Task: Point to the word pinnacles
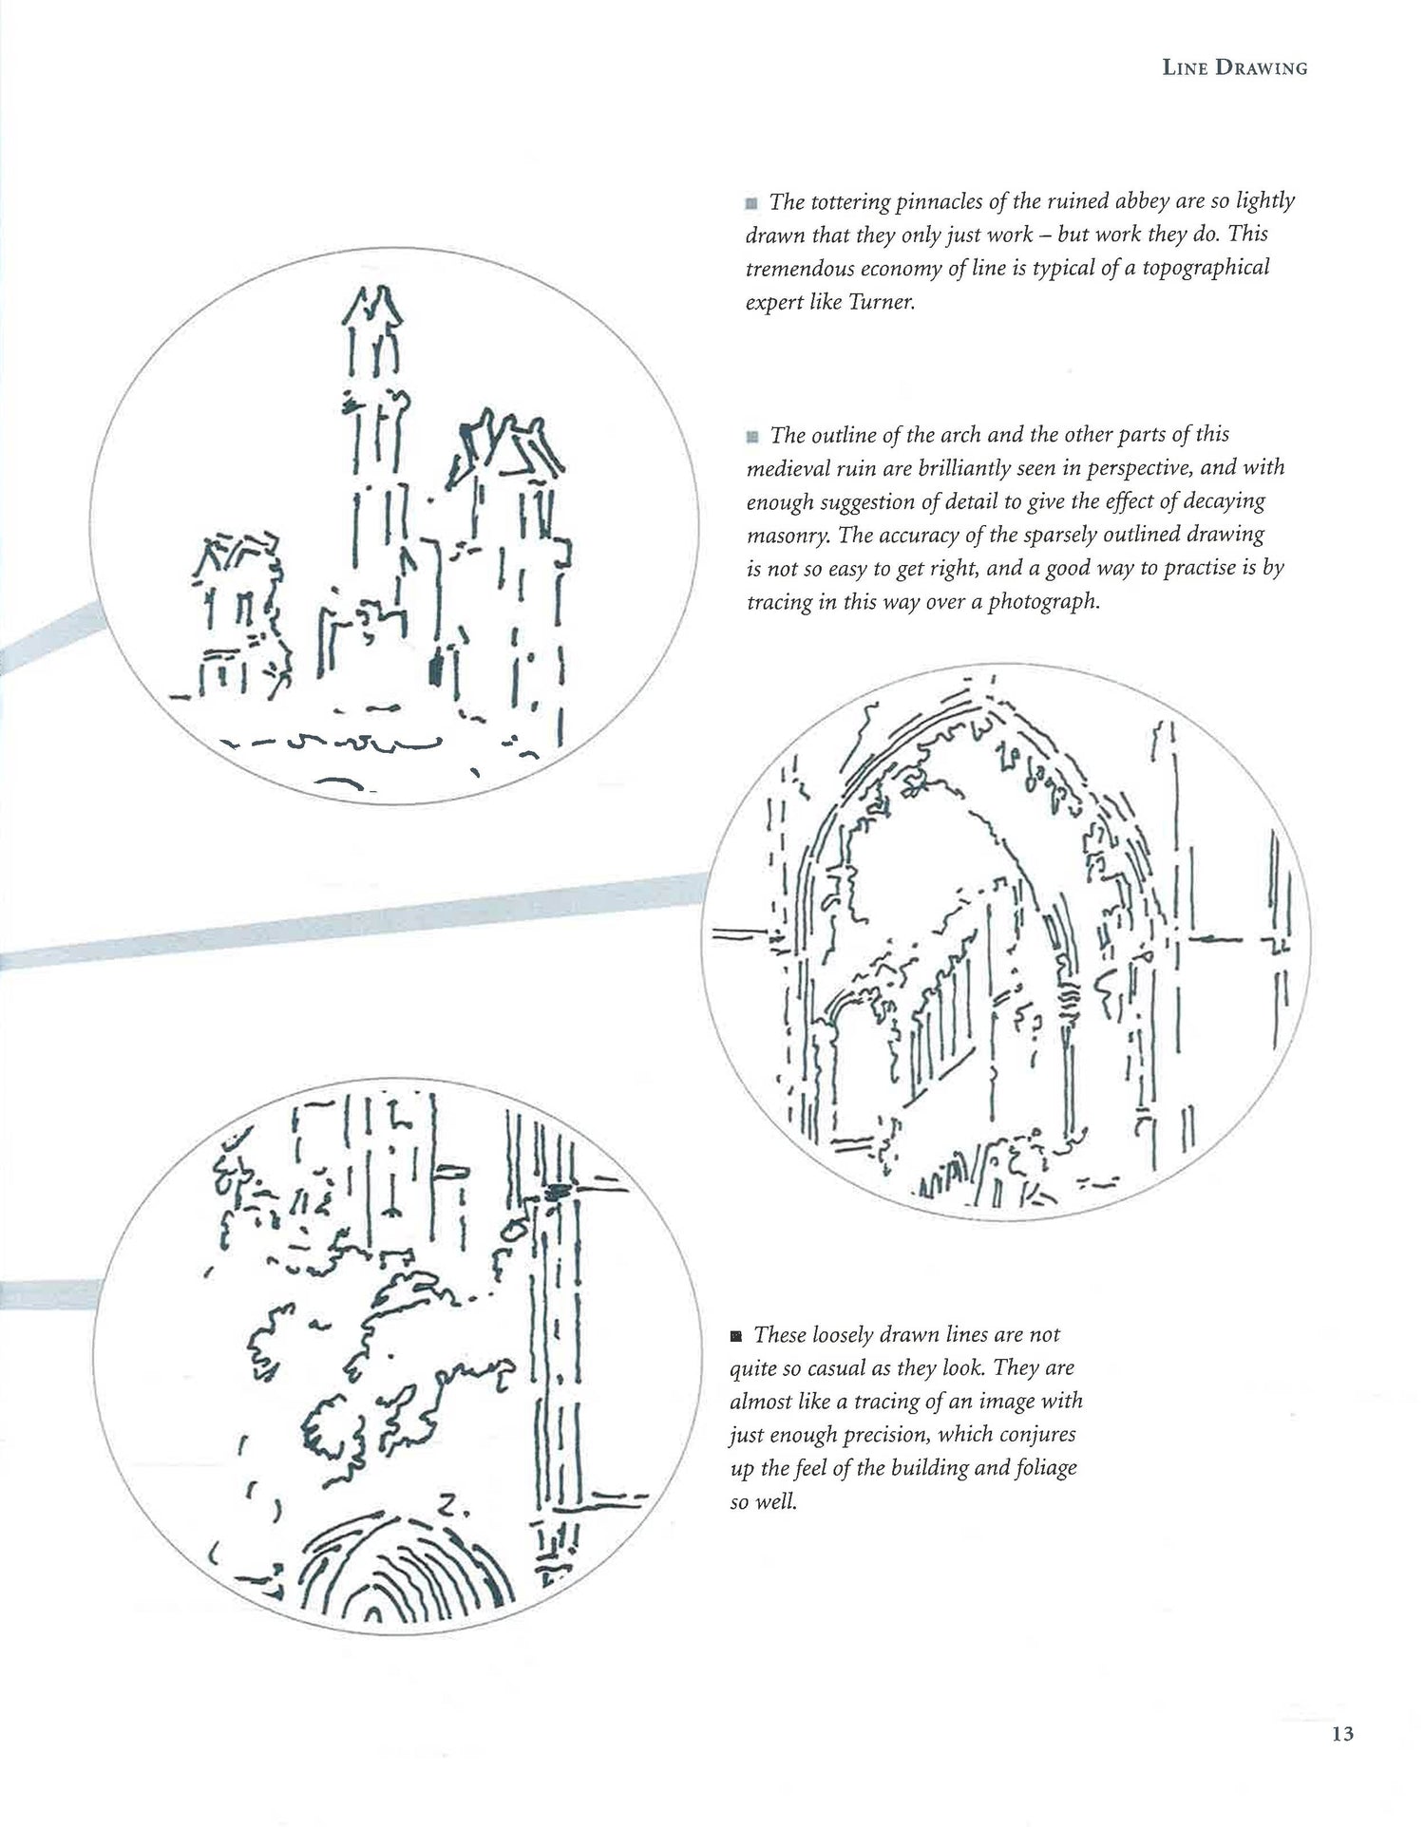[x=925, y=201]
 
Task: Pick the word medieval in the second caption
[x=782, y=468]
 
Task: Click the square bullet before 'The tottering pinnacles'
[x=752, y=203]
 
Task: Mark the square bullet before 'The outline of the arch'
[x=752, y=437]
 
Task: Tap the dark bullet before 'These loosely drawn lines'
[x=736, y=1336]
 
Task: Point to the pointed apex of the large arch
[x=988, y=704]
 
